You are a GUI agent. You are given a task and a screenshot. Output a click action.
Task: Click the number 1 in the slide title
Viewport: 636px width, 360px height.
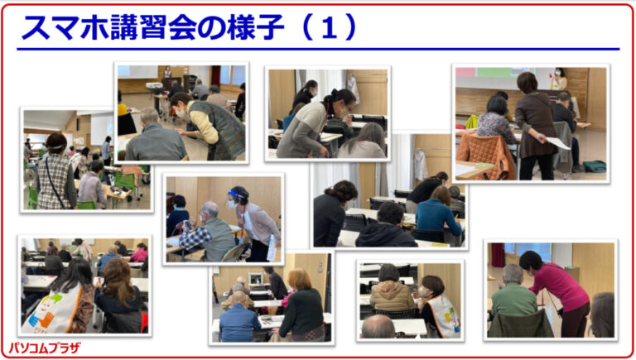tap(330, 27)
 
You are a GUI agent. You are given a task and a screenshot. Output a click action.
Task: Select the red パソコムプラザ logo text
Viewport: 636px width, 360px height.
tap(45, 348)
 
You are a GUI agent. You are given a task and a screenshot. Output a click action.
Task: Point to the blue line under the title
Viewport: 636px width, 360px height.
tap(318, 50)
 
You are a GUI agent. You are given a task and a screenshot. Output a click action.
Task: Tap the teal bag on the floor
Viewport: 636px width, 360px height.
tap(595, 166)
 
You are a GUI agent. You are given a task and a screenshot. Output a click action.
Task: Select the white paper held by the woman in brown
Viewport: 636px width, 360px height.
tap(558, 142)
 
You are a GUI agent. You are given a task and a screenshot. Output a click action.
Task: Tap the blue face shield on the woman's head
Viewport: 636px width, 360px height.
tap(237, 194)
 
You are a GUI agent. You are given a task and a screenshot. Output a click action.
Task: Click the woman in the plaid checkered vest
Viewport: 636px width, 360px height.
tap(56, 172)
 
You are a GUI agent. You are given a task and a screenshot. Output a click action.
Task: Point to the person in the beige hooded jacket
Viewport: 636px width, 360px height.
tap(392, 289)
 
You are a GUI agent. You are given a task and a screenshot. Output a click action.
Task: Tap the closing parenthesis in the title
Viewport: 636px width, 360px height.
tap(349, 27)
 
